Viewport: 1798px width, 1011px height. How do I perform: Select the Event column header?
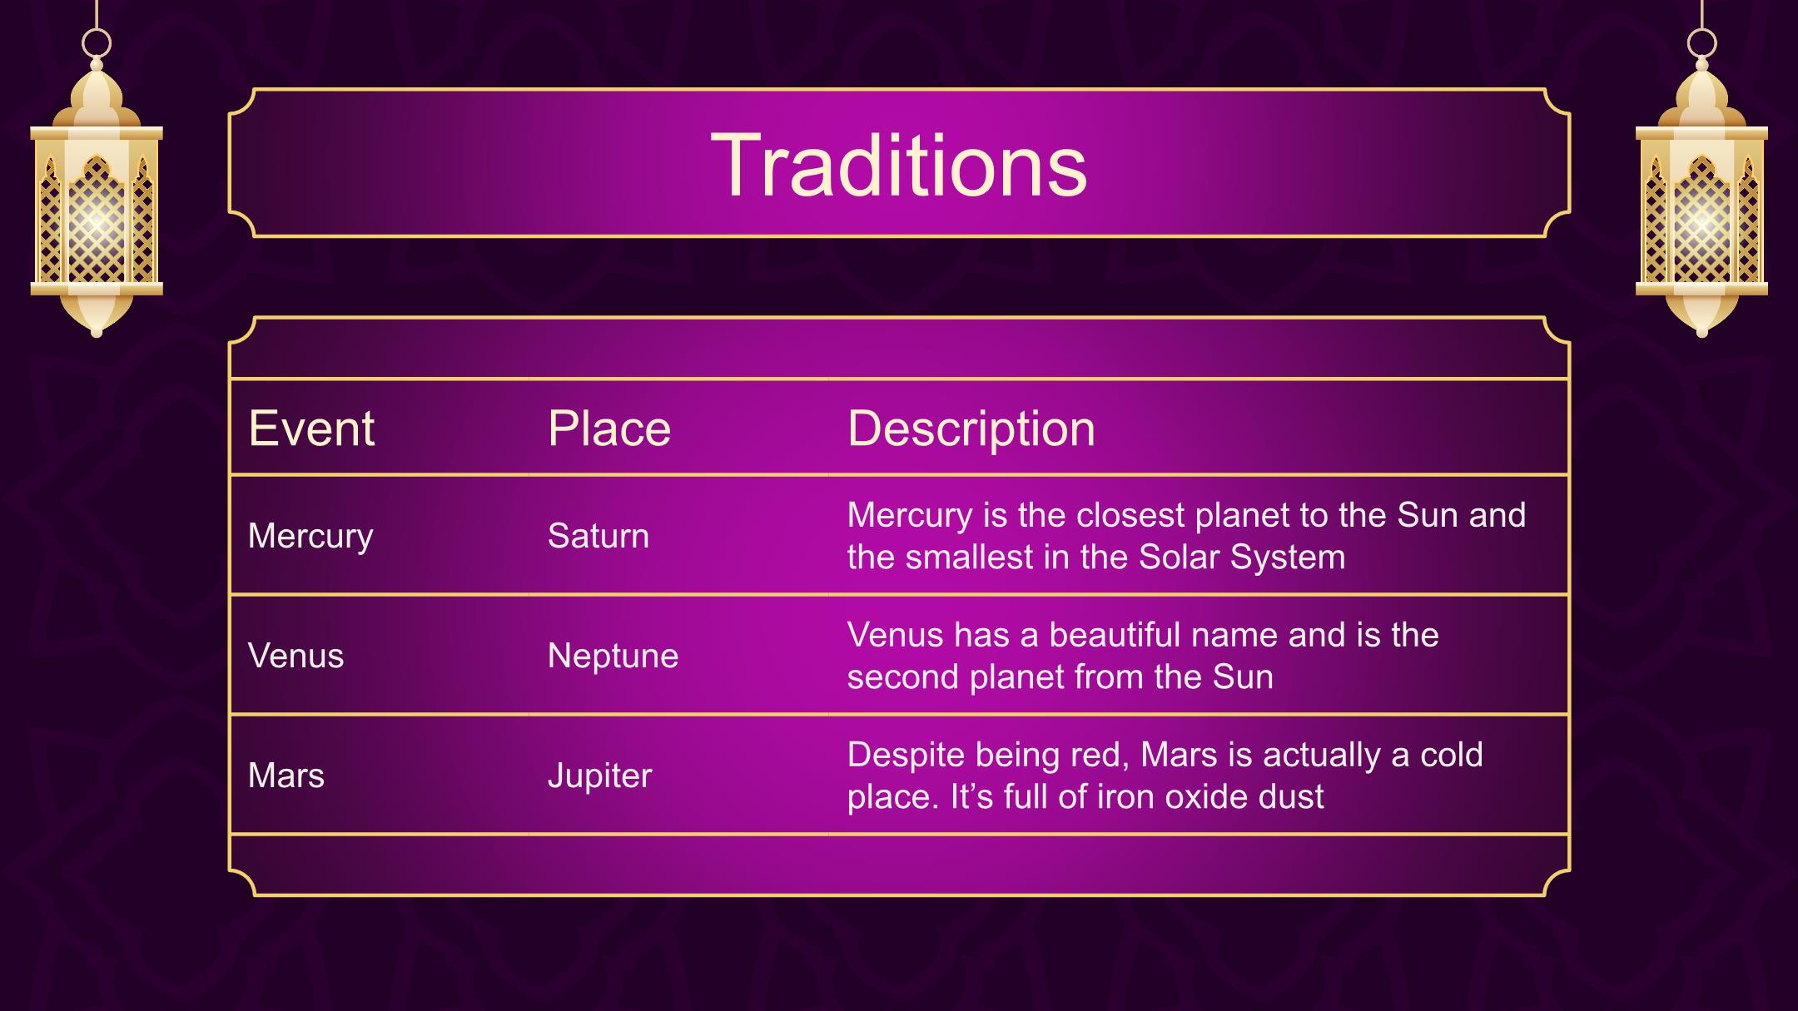(311, 429)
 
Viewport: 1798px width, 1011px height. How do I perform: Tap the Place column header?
(609, 429)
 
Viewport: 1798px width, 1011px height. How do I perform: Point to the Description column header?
(971, 430)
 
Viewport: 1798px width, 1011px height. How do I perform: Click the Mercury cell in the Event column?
(310, 537)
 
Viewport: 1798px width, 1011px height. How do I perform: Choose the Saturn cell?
(599, 536)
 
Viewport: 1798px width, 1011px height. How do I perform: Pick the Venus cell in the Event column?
(296, 656)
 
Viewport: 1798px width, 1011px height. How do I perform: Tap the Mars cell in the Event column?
(286, 776)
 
